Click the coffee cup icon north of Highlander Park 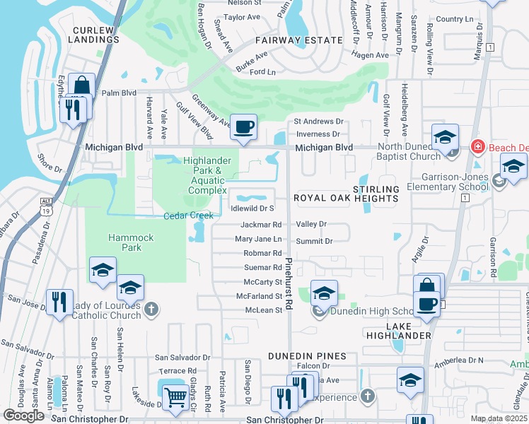click(244, 127)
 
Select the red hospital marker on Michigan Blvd click(477, 147)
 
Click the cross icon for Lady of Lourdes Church click(151, 309)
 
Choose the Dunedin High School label click(371, 312)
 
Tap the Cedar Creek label click(188, 216)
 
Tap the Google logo click(23, 416)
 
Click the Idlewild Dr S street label click(252, 208)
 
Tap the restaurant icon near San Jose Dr click(59, 303)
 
